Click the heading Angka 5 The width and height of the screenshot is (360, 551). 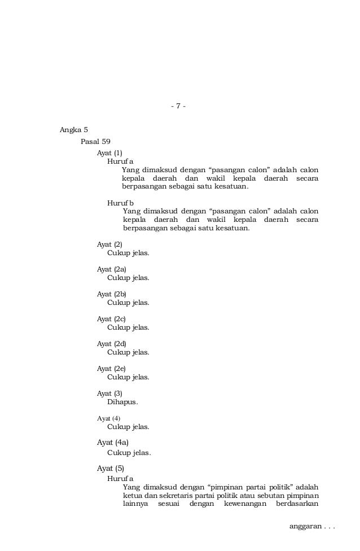click(x=74, y=130)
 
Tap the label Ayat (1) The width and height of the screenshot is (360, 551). click(x=109, y=152)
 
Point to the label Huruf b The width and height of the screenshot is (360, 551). click(x=120, y=203)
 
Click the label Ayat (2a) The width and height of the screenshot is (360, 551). click(x=112, y=269)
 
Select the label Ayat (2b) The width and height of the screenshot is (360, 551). click(x=112, y=294)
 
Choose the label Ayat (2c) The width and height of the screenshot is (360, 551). click(x=111, y=319)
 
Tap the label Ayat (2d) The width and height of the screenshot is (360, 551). click(x=112, y=344)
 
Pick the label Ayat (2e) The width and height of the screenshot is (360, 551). click(x=111, y=369)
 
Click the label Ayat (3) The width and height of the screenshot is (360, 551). click(x=109, y=393)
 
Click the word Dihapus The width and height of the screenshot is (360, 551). click(x=122, y=402)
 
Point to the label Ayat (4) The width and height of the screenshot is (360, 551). click(x=108, y=418)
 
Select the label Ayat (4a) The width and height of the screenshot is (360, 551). click(x=113, y=443)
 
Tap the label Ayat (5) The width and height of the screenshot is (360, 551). click(x=111, y=468)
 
